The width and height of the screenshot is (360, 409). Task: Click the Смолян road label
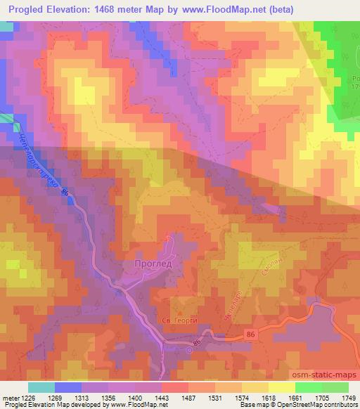click(271, 263)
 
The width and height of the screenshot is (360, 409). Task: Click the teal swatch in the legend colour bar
click(41, 387)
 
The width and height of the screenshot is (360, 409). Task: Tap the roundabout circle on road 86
click(191, 345)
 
